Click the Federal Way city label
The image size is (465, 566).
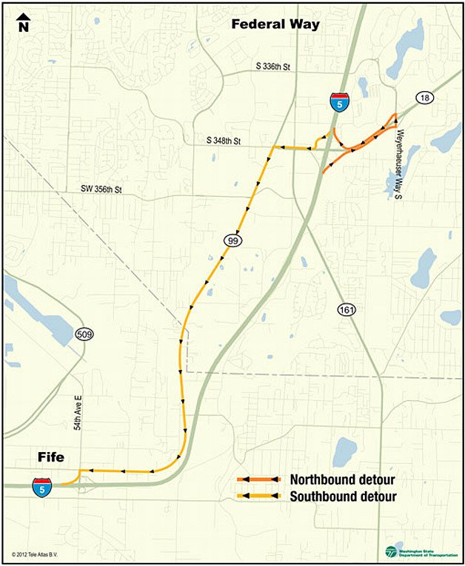275,24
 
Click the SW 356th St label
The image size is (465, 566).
101,190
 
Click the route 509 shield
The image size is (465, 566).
84,336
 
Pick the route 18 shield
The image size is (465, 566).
424,98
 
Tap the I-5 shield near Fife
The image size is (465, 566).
41,487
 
